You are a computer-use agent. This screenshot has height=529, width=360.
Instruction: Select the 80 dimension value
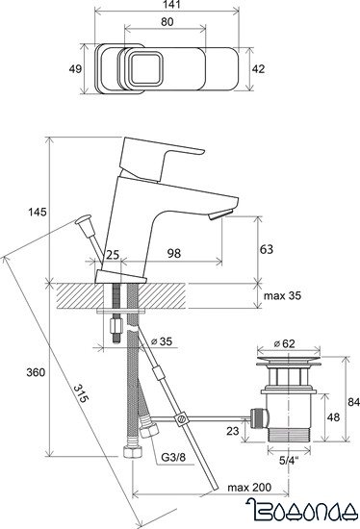point(167,22)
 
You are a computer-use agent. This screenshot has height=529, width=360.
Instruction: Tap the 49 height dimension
point(75,69)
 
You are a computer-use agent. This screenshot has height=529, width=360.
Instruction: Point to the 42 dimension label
point(258,69)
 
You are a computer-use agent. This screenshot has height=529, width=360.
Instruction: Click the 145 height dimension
point(38,213)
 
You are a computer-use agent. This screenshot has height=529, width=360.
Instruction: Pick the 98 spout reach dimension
point(174,253)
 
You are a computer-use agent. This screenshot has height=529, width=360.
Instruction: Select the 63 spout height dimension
point(267,249)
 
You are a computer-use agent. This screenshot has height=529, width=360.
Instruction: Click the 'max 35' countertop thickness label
point(282,295)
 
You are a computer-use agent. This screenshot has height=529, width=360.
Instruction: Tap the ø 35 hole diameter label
point(162,341)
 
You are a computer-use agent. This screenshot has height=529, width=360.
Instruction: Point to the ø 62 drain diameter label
point(284,343)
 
